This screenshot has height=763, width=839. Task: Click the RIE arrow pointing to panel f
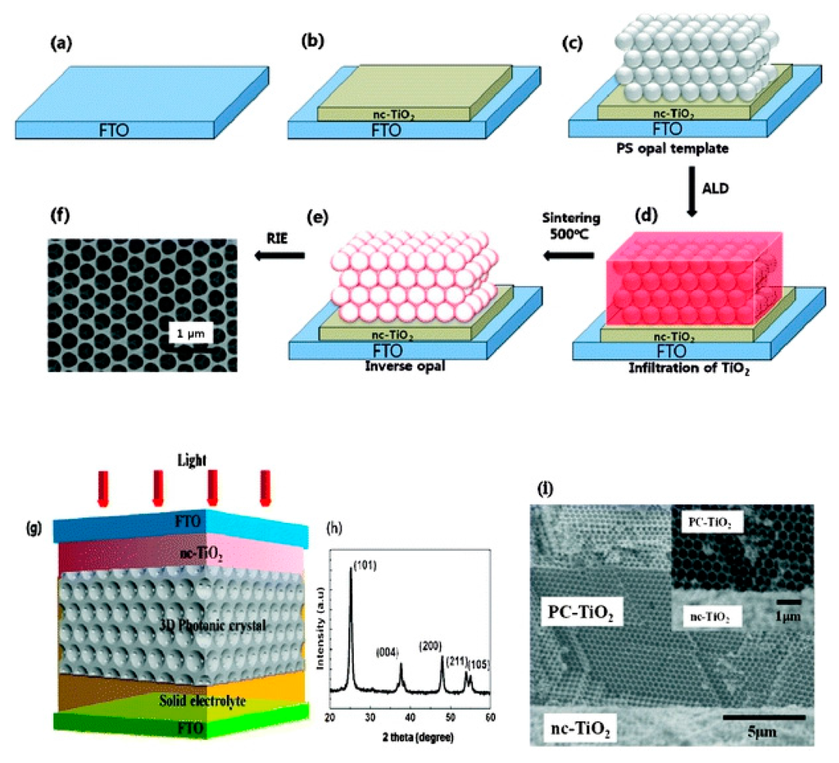pos(278,257)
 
